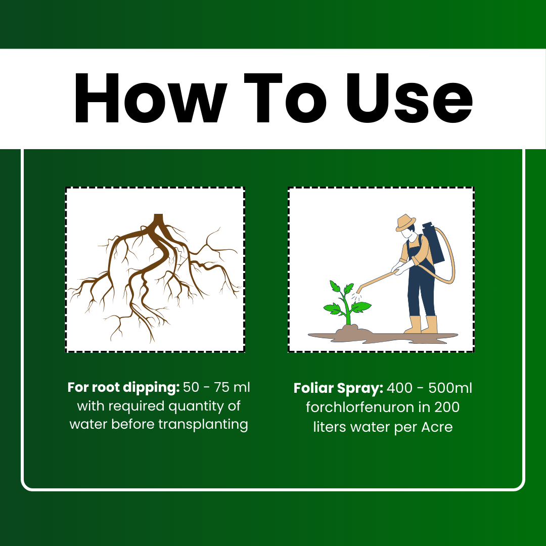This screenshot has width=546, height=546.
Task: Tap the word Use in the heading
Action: coord(409,98)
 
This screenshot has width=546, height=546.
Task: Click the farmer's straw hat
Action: coord(405,223)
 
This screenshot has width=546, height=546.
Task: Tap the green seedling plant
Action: coord(347,302)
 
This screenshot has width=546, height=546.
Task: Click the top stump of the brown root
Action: coord(158,218)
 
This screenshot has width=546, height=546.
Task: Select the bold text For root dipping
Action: coord(123,387)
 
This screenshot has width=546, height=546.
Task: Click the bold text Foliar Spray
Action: coord(338,388)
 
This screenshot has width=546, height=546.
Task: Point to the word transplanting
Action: coord(203,425)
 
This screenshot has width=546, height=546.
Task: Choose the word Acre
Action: coord(437,427)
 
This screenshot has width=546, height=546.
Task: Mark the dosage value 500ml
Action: coord(450,388)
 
